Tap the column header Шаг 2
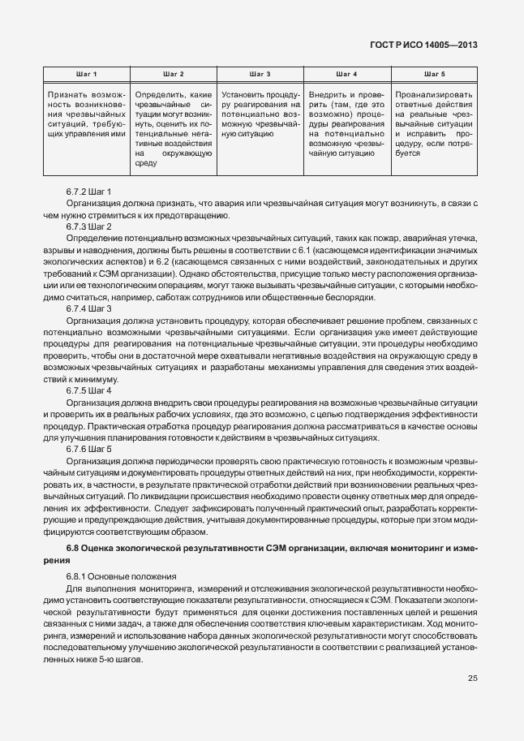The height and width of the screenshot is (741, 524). point(174,75)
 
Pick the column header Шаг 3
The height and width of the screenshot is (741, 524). point(260,75)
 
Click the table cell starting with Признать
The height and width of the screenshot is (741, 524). point(87,113)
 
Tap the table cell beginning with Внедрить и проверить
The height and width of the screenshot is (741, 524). point(346,123)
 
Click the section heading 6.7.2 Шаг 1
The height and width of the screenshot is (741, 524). point(88,191)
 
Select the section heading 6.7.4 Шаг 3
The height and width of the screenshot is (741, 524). point(88,309)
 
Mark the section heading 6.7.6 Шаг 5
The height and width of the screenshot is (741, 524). point(88,450)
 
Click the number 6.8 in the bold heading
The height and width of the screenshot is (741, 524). point(72,549)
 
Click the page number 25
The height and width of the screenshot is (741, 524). point(472,679)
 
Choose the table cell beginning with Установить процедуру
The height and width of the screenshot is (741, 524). point(260,113)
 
